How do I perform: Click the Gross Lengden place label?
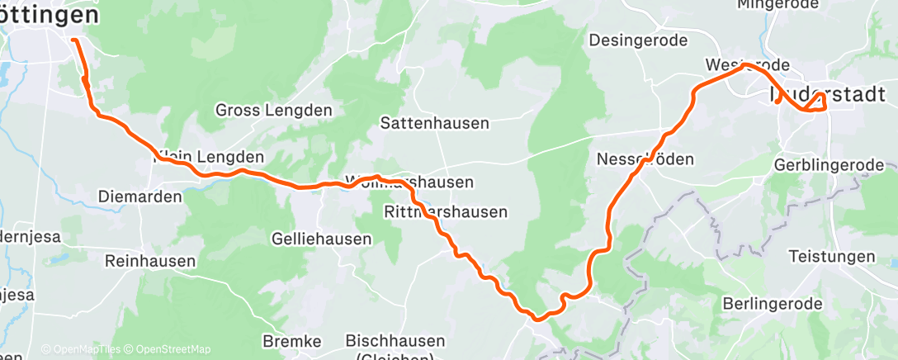[273, 110]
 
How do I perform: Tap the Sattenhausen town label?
[434, 123]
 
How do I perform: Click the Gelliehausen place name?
[321, 239]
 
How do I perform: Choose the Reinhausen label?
[150, 261]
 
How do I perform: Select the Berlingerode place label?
[772, 304]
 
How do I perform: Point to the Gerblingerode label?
[829, 165]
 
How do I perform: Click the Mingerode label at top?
[781, 5]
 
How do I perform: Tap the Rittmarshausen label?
[446, 212]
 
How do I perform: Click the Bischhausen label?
[395, 340]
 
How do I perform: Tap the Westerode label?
[748, 65]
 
